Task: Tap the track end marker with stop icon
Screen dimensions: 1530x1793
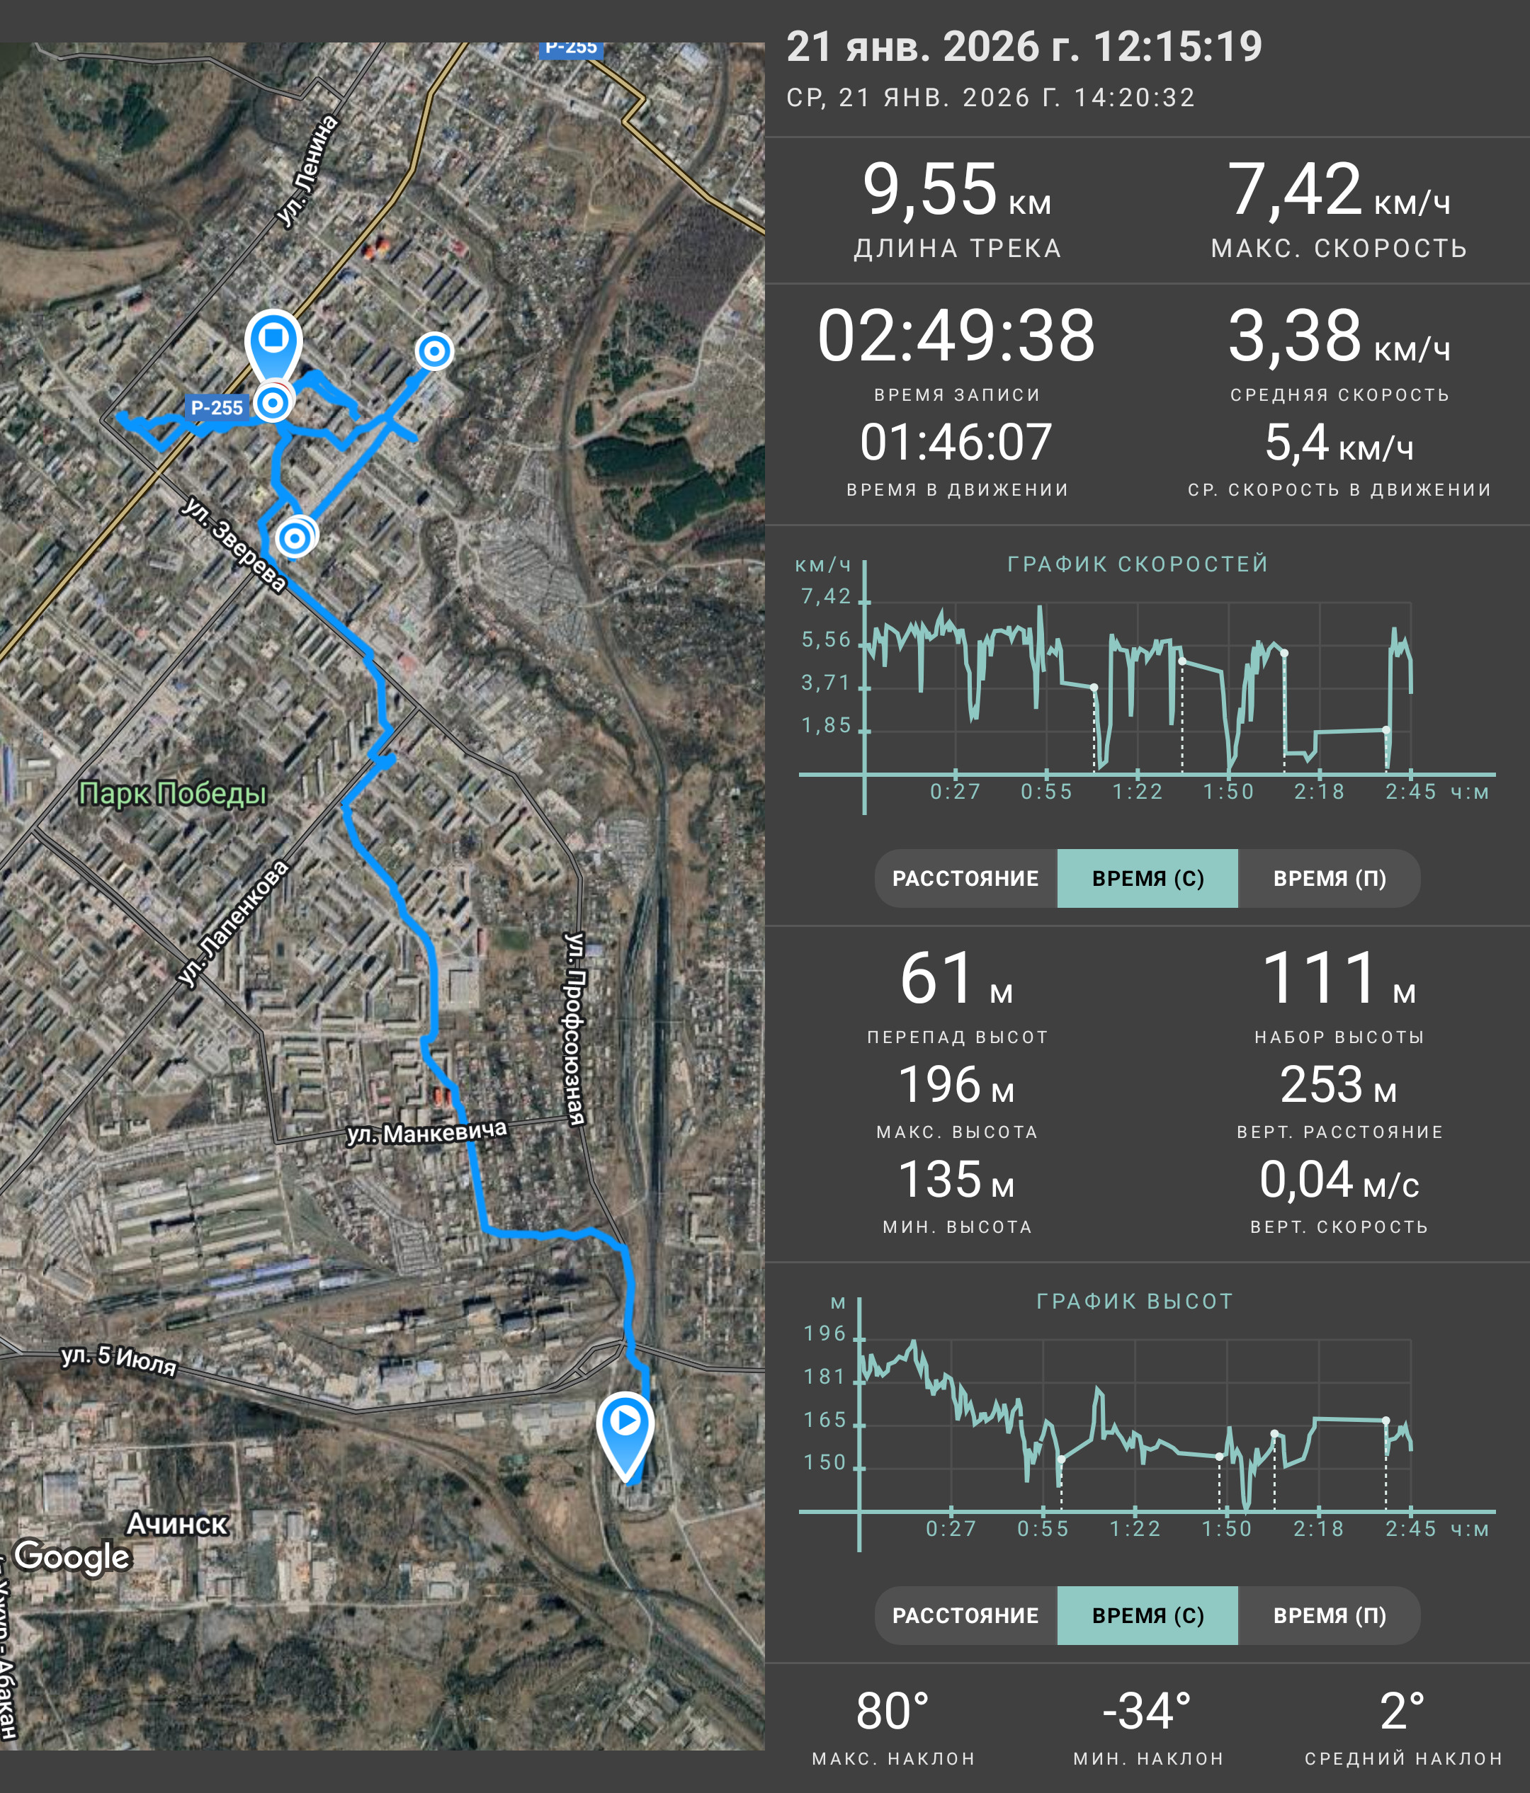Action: click(x=273, y=346)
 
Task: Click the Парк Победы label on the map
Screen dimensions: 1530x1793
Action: click(x=172, y=794)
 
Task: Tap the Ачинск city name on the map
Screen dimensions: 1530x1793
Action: click(x=176, y=1523)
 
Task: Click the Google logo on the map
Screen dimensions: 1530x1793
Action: click(x=73, y=1556)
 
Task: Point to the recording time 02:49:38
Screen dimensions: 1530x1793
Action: click(x=956, y=336)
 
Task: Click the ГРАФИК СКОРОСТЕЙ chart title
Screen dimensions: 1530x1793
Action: click(x=1137, y=564)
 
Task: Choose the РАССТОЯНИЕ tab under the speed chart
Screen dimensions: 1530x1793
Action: click(x=965, y=878)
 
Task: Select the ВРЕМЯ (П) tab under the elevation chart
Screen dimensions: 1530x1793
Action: click(x=1330, y=1615)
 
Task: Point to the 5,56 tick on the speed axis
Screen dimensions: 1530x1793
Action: click(x=827, y=639)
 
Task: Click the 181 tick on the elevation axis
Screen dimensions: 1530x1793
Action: click(x=824, y=1377)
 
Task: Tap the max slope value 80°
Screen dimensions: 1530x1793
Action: click(x=893, y=1711)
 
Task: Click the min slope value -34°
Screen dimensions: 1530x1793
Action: click(x=1147, y=1711)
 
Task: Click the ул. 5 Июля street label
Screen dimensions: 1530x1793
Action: click(x=118, y=1360)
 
